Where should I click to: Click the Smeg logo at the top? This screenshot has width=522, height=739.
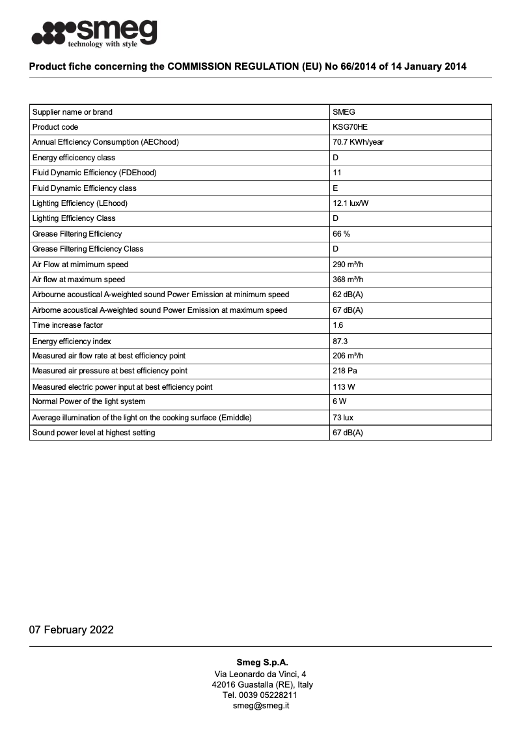(94, 33)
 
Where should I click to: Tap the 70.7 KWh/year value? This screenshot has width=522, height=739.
(358, 142)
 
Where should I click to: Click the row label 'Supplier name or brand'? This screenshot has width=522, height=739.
(72, 112)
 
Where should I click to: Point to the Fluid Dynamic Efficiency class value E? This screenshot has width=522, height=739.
(335, 188)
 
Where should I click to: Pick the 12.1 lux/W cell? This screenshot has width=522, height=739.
(351, 203)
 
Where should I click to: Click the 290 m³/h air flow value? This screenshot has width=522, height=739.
(348, 265)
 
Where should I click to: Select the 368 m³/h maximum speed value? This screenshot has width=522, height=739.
(348, 280)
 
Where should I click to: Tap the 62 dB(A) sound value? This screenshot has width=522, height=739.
(348, 295)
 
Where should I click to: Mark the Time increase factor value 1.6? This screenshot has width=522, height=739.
(338, 325)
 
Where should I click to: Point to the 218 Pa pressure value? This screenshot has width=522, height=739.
(344, 371)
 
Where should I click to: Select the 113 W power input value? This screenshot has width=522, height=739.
(343, 387)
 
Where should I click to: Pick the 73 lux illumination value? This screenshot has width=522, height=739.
(343, 418)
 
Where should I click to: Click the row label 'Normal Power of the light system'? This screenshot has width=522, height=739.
(89, 401)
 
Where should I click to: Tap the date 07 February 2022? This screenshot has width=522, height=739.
(71, 630)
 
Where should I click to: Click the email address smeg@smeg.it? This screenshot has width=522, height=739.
(261, 706)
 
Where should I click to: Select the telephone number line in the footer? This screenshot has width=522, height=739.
(261, 695)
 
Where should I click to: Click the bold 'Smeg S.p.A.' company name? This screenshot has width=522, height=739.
(261, 662)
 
